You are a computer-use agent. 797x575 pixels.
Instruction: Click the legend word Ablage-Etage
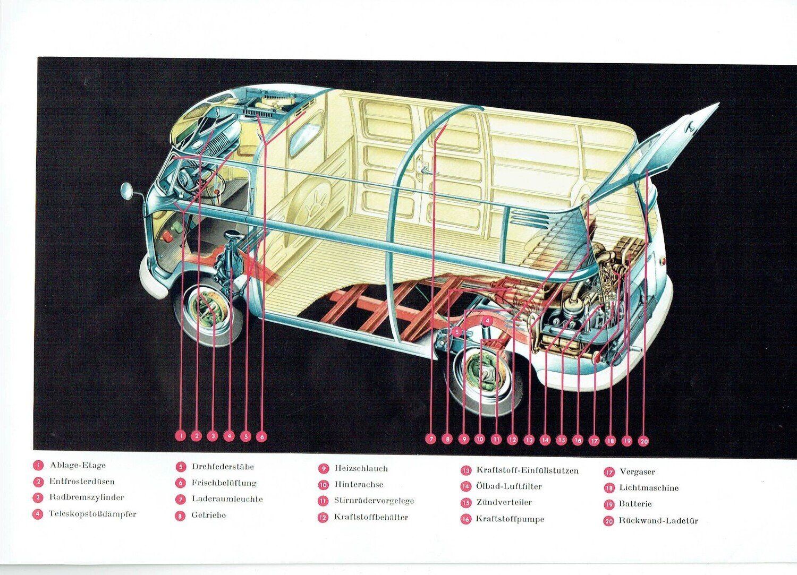[78, 466]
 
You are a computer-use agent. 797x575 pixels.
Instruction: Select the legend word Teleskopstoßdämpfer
[92, 514]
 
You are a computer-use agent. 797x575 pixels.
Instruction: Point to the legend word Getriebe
[208, 515]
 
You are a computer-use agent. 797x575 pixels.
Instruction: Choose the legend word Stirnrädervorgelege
[374, 501]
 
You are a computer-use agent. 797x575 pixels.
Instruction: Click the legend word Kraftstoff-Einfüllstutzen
[527, 470]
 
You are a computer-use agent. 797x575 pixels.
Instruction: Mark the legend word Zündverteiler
[504, 502]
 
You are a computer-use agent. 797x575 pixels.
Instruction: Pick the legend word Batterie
[635, 504]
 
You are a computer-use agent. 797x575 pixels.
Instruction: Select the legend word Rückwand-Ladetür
[658, 521]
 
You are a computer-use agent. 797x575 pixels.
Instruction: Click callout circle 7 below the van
[431, 439]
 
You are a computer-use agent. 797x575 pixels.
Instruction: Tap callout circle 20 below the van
[643, 440]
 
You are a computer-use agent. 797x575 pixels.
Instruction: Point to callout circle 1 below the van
[181, 436]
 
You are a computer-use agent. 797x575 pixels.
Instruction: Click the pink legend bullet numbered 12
[323, 518]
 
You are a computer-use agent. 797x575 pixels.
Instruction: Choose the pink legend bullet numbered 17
[609, 472]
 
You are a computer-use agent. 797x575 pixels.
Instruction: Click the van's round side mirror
[127, 191]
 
